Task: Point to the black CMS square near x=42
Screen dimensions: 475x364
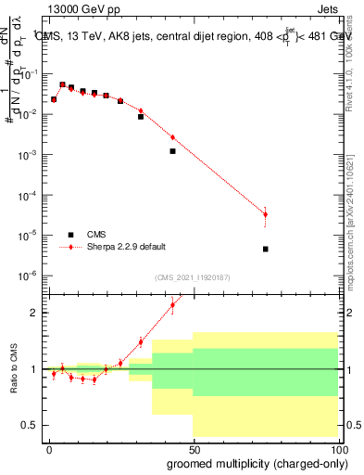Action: tap(172, 150)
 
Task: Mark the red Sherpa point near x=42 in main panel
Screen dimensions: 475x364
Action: tap(172, 137)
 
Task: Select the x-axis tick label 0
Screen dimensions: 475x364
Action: tap(49, 448)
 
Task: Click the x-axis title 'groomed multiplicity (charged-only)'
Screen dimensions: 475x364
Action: tap(252, 463)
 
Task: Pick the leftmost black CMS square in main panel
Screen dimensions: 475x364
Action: tap(54, 99)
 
